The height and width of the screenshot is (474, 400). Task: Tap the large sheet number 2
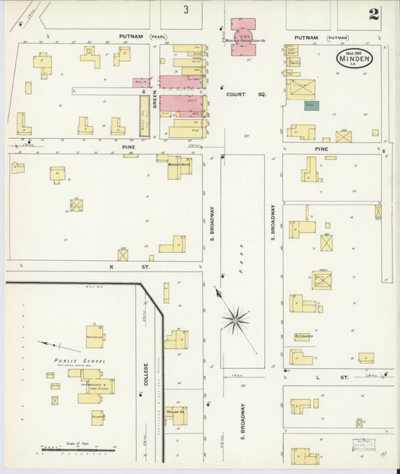[373, 14]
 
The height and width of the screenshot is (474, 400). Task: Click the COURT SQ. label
[237, 94]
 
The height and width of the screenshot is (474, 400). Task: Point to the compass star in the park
[235, 321]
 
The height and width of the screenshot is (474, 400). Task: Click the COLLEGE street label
[146, 375]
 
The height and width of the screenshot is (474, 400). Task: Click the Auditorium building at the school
[95, 336]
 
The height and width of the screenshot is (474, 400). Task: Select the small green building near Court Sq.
[311, 106]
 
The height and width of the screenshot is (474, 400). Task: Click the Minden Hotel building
[179, 166]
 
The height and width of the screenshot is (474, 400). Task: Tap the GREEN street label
[155, 98]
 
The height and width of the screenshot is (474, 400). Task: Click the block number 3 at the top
[185, 10]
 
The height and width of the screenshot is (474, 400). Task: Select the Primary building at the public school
[98, 415]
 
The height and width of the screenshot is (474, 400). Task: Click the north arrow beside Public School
[59, 346]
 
